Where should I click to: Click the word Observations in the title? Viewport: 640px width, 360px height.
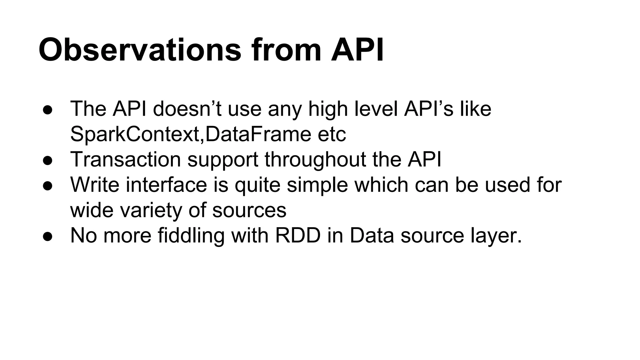pos(140,50)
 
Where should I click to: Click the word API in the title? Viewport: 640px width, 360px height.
pos(357,50)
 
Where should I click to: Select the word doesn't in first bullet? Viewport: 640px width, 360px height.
pos(187,109)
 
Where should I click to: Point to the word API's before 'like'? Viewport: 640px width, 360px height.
pos(428,109)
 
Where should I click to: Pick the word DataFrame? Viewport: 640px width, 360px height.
pos(258,134)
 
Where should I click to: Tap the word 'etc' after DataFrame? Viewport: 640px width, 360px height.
pos(332,134)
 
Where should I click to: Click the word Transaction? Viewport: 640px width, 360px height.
pos(126,160)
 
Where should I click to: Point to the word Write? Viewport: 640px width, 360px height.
pos(95,185)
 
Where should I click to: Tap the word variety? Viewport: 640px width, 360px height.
pos(151,210)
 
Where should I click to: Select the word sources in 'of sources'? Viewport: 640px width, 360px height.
pos(249,210)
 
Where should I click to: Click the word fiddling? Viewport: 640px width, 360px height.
pos(191,236)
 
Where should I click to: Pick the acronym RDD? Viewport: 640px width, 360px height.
pos(298,236)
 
